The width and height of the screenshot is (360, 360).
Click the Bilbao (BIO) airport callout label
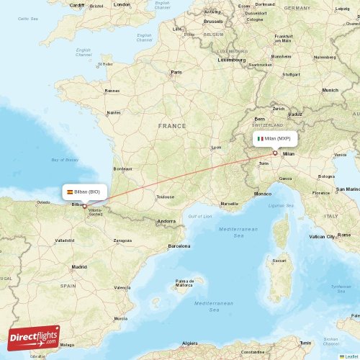point(86,192)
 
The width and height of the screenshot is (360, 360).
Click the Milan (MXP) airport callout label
point(274,138)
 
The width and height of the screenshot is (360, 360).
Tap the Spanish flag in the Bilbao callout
point(70,192)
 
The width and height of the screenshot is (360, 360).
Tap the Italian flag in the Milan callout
point(260,138)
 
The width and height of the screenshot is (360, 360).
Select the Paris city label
point(176,73)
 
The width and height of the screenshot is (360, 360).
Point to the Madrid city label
point(79,266)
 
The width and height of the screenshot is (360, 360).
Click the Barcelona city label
point(179,246)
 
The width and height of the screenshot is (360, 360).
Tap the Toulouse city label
point(166,197)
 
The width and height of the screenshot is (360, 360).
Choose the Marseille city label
point(229,204)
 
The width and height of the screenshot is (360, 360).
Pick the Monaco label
point(264,194)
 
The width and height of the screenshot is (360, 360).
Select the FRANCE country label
point(172,126)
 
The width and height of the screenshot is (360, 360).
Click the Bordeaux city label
point(123,169)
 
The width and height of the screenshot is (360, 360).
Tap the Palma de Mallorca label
point(189,282)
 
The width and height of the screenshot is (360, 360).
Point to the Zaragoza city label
point(122,240)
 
